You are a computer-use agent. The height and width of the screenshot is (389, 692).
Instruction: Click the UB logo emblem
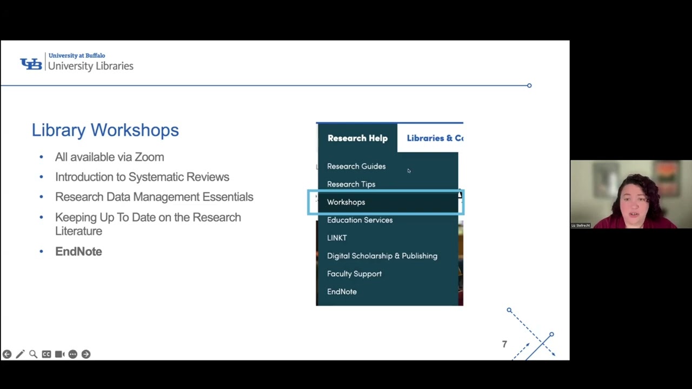tap(31, 64)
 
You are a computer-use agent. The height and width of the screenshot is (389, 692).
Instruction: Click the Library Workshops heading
tap(105, 130)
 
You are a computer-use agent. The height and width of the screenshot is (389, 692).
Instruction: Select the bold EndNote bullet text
tap(78, 251)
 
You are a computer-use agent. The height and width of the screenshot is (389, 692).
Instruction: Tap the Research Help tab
tap(357, 138)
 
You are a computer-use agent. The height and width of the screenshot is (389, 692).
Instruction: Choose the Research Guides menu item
tap(356, 166)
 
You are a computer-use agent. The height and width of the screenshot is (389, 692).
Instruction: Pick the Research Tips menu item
tap(351, 184)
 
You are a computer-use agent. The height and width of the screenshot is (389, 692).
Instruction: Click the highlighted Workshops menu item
tap(346, 202)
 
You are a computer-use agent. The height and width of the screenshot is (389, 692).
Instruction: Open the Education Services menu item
tap(360, 220)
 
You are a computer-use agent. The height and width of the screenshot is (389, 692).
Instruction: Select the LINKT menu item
tap(337, 238)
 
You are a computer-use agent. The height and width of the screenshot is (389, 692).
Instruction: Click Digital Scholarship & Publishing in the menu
tap(382, 256)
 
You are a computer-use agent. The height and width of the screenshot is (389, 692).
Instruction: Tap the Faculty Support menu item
tap(354, 273)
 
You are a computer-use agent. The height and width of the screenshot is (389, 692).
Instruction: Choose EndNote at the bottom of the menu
tap(342, 292)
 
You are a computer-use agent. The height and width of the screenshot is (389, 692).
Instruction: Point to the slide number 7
tap(504, 344)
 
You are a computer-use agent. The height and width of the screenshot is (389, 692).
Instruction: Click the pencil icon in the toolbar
tap(20, 354)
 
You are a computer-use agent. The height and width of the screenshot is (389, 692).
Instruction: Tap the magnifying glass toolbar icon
tap(33, 354)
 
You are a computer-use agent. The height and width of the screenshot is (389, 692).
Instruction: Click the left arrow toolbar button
tap(6, 354)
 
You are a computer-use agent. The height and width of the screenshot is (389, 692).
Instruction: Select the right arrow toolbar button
tap(86, 354)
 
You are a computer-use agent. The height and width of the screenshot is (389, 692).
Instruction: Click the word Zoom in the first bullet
tap(149, 157)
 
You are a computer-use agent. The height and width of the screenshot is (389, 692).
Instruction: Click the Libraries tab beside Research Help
tap(435, 138)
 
